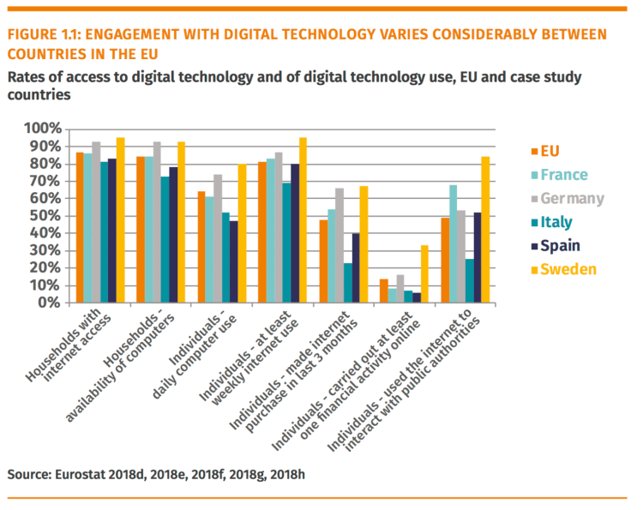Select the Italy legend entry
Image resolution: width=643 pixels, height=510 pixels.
click(x=556, y=222)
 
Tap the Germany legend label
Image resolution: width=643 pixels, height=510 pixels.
click(x=569, y=199)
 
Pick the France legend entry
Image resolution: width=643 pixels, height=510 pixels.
click(x=563, y=175)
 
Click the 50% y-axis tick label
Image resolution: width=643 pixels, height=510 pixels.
click(x=45, y=216)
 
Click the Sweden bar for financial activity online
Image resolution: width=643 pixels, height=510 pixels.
click(x=425, y=274)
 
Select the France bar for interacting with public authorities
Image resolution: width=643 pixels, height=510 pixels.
click(x=452, y=243)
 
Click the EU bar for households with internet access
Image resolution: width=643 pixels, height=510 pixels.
click(x=80, y=227)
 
